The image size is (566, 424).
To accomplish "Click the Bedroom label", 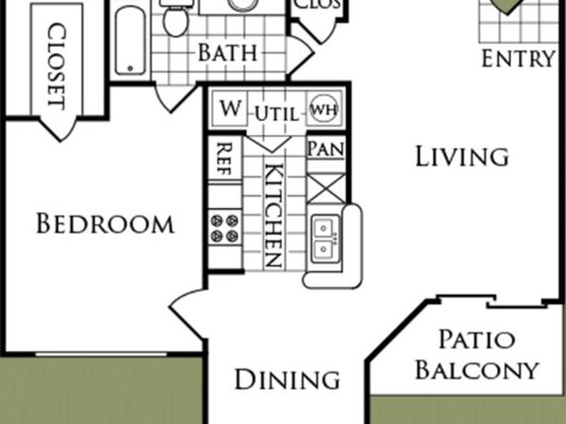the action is pos(105,223).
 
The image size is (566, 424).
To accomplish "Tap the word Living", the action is pos(462,157).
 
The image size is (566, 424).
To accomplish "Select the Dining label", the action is pos(288,379).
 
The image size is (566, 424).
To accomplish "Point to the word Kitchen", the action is pos(274,216).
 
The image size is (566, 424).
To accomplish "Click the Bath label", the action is pos(228,52).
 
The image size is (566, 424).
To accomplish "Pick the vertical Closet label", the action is pos(57,67).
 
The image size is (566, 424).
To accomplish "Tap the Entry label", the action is pos(519,59).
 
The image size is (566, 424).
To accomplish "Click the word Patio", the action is pos(477,339).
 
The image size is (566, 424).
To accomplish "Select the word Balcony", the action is pos(477,370).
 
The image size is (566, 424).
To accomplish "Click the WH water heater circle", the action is pos(324,108).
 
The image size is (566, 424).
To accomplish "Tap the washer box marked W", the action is pos(230,108).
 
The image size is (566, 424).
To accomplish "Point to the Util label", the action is pos(277,113).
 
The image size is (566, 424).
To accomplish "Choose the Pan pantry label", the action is pos(326,149).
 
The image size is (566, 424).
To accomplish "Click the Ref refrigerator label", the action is pos(224,159).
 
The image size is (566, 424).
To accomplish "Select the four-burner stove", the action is pos(224,226).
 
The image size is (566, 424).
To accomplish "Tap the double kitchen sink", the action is pos(325,239).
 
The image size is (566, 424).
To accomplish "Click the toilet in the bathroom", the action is pos(176,18).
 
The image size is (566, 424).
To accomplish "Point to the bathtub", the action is pos(131,41).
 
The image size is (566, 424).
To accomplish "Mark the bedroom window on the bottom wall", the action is pos(102,355).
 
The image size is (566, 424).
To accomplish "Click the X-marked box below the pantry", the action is pos(326,188).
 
